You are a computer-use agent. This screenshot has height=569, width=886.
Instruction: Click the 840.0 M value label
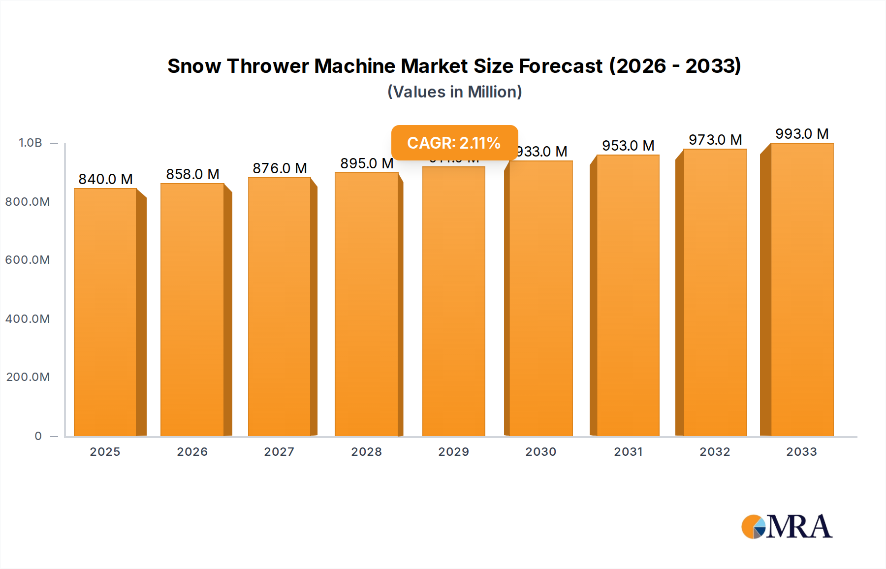click(x=105, y=179)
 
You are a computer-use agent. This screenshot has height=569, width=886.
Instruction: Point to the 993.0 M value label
click(x=802, y=134)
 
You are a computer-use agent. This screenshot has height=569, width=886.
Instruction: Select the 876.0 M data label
click(x=280, y=168)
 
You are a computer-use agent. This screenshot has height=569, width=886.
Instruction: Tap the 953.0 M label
click(x=628, y=146)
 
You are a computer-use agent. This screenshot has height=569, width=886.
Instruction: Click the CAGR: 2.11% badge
click(x=454, y=143)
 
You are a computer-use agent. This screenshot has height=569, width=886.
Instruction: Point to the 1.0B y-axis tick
click(x=30, y=143)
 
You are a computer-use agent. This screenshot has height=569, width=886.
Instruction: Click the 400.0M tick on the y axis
click(x=28, y=319)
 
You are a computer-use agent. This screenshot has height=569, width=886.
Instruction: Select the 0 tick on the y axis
click(x=38, y=436)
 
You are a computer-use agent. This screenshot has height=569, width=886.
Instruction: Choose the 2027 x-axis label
click(x=279, y=452)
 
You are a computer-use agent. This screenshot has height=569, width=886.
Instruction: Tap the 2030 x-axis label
click(x=540, y=452)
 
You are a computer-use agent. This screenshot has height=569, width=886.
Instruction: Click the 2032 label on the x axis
click(x=715, y=452)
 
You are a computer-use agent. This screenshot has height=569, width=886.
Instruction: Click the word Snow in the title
click(x=194, y=66)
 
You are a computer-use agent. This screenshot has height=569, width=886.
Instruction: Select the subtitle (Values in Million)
click(x=454, y=92)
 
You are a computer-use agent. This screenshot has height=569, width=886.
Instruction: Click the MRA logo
click(x=787, y=527)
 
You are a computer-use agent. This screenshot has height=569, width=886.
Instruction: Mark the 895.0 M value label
click(x=367, y=163)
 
